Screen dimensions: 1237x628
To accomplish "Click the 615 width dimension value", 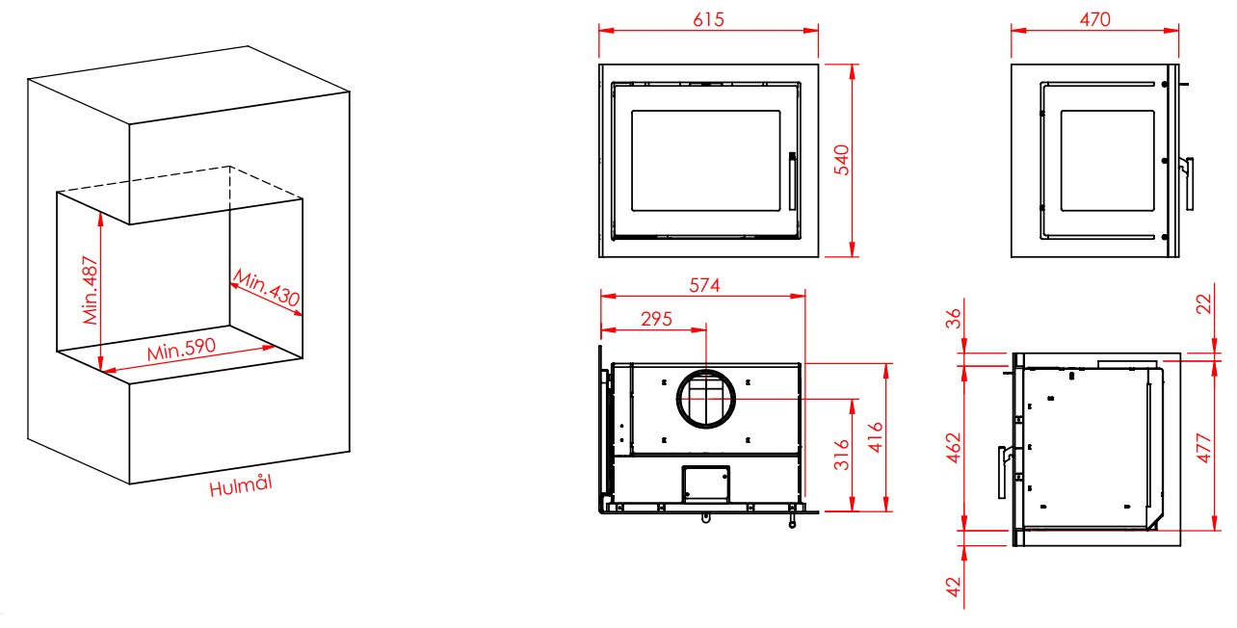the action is click(x=708, y=20).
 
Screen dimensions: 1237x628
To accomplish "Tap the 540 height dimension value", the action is click(x=841, y=160).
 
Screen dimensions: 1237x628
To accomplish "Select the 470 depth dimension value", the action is click(x=1094, y=20).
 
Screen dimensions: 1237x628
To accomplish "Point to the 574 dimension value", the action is click(x=704, y=285).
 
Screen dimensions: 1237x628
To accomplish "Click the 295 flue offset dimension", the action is click(x=656, y=319).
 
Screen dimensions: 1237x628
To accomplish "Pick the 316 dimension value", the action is click(x=841, y=456).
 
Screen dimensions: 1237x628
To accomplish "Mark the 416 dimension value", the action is click(x=876, y=437).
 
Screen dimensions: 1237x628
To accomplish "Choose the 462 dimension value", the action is click(x=954, y=448).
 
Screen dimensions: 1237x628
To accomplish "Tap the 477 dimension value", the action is click(x=1203, y=449).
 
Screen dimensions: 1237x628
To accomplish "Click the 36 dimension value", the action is click(x=954, y=319).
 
